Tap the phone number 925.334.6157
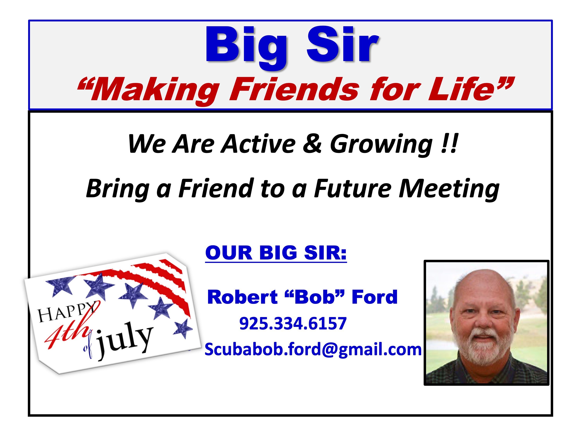[x=293, y=323]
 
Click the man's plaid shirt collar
[x=486, y=368]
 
